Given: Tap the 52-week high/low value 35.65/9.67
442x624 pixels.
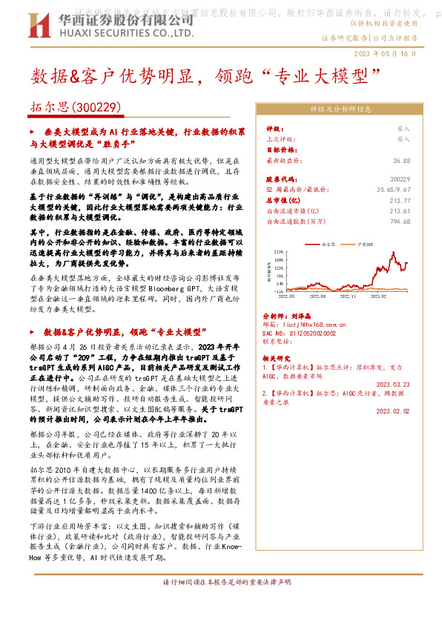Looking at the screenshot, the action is tap(392, 190).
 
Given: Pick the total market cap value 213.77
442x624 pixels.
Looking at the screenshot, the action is tap(400, 200).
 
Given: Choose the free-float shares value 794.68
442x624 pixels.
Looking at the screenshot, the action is tap(400, 221).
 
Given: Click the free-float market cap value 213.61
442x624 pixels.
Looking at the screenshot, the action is tap(400, 210).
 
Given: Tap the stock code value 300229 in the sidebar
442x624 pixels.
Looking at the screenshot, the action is tap(400, 179).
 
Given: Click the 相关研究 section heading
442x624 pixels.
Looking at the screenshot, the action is tap(277, 357).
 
